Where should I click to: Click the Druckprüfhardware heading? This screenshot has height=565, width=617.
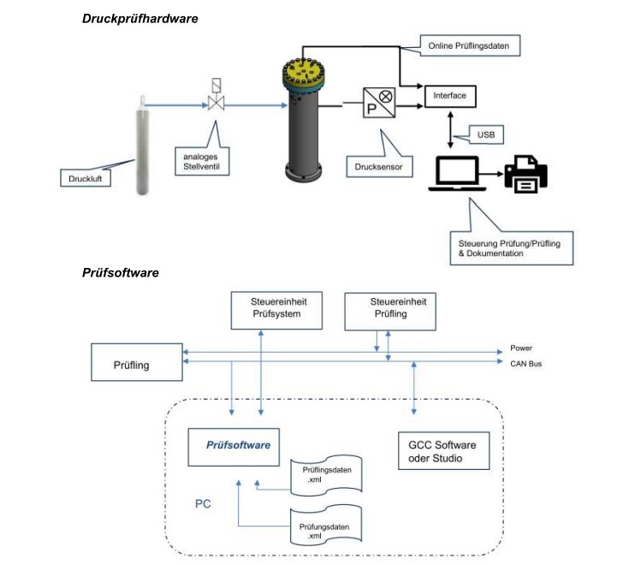139,18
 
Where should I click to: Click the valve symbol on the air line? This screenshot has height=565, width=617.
215,103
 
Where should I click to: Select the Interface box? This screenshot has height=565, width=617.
450,96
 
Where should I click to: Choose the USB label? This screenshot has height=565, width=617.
484,134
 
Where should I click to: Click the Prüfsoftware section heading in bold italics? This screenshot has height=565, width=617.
121,273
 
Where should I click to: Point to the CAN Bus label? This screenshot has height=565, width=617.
525,364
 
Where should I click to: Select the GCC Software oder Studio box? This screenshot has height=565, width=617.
443,452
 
